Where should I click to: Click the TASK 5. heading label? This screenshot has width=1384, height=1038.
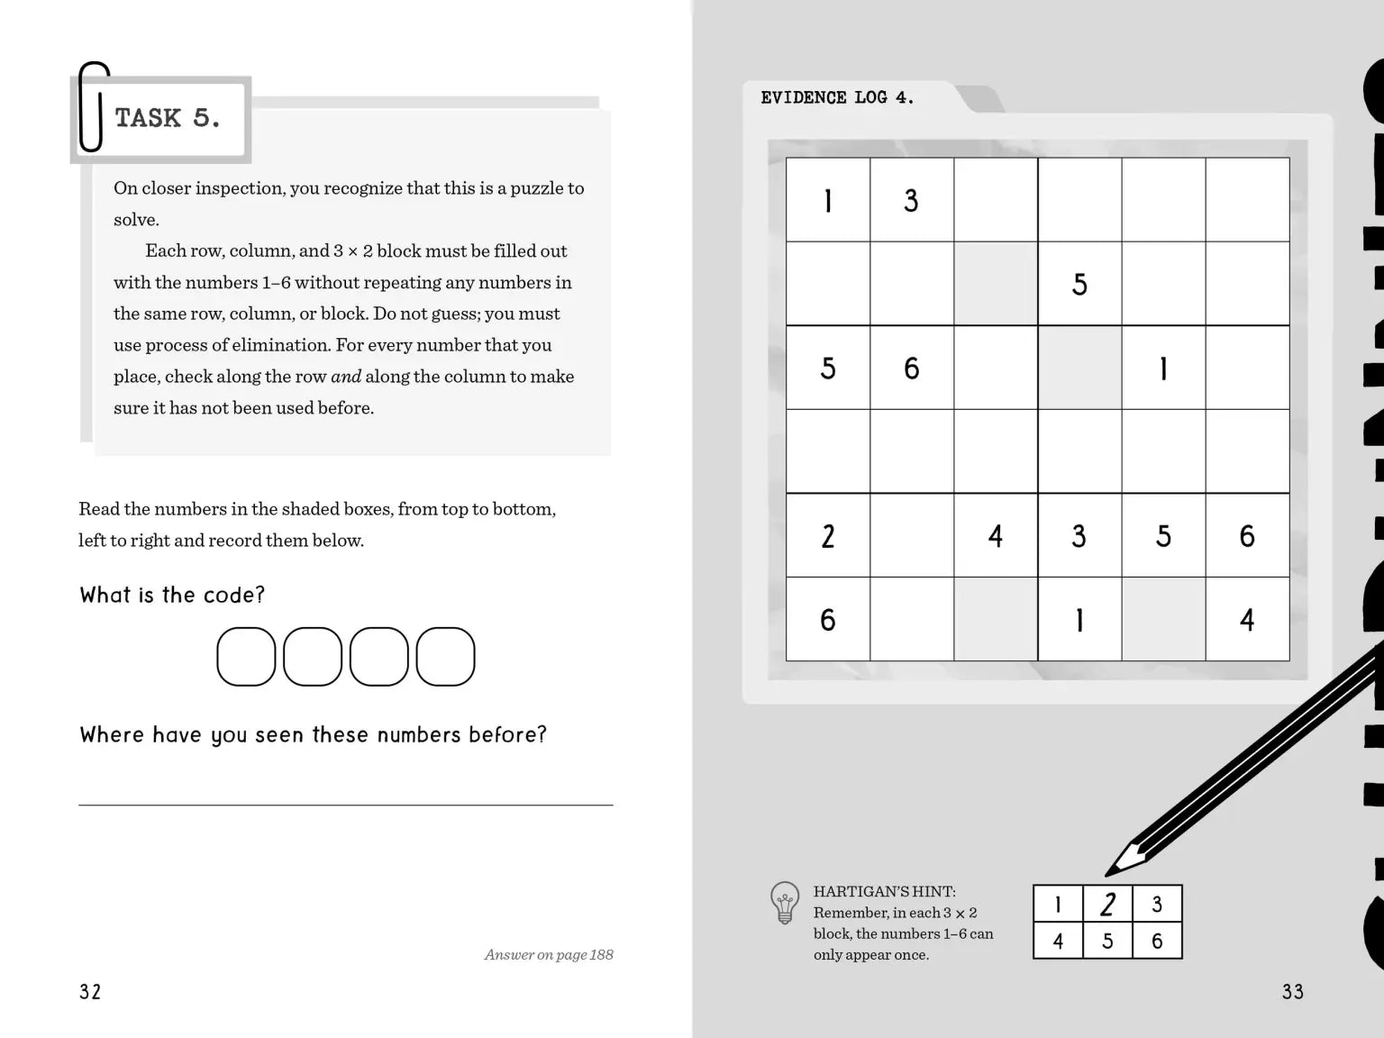[168, 118]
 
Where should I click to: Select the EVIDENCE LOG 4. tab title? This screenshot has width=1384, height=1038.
[837, 97]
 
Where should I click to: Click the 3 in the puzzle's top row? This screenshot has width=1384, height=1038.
[911, 200]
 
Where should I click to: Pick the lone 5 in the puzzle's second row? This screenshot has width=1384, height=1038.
[1079, 284]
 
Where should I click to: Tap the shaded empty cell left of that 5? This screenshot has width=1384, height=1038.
[996, 284]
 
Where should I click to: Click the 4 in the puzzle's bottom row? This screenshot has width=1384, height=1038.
[1247, 620]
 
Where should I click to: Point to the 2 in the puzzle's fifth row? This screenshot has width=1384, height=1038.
[828, 536]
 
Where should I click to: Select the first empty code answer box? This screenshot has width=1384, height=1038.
[246, 657]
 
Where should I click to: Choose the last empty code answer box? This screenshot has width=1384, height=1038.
[445, 657]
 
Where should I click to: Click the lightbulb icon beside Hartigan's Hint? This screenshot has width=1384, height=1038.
[785, 902]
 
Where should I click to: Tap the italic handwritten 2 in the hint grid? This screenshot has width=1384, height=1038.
[1107, 904]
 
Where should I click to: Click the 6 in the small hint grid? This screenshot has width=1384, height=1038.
[1157, 942]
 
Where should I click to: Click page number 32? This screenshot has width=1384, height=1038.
[90, 992]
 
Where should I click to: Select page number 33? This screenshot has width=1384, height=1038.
[1292, 992]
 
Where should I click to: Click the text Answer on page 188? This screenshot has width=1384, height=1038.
[548, 955]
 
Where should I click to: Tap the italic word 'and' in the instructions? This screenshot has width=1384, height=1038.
[346, 377]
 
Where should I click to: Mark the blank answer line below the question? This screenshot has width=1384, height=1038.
[346, 804]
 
